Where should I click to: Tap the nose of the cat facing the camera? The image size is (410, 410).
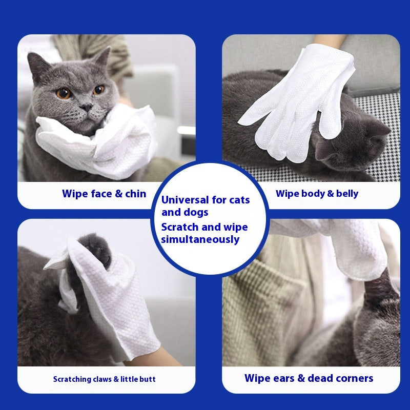(87, 107)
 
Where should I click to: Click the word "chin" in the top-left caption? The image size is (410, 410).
(135, 194)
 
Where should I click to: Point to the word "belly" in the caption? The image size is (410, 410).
(347, 194)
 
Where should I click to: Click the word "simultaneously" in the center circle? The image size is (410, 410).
(200, 239)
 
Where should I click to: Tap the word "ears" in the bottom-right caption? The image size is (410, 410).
(283, 378)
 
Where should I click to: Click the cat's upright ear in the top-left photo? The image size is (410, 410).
(102, 57)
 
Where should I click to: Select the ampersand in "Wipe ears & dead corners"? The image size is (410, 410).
(301, 378)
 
